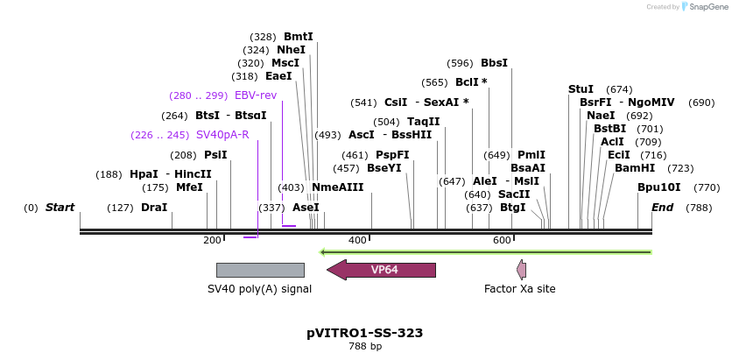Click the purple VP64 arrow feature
coord(382,270)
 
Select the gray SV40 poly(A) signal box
coord(260,270)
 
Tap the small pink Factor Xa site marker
coord(522,270)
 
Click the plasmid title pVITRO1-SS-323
coord(365,333)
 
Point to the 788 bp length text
coord(365,347)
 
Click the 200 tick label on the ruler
coord(212,240)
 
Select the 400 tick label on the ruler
coord(357,240)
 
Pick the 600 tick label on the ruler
coord(502,240)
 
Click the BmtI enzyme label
coord(298,37)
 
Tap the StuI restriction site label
coord(581,89)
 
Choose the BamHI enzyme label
coord(634,168)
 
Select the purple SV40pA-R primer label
coord(222,135)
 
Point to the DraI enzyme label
coord(154,208)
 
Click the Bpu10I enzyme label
coord(658,187)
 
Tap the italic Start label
coord(60,208)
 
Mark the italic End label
coord(662,208)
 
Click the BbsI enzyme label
coord(494,63)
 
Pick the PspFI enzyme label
coord(392,155)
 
